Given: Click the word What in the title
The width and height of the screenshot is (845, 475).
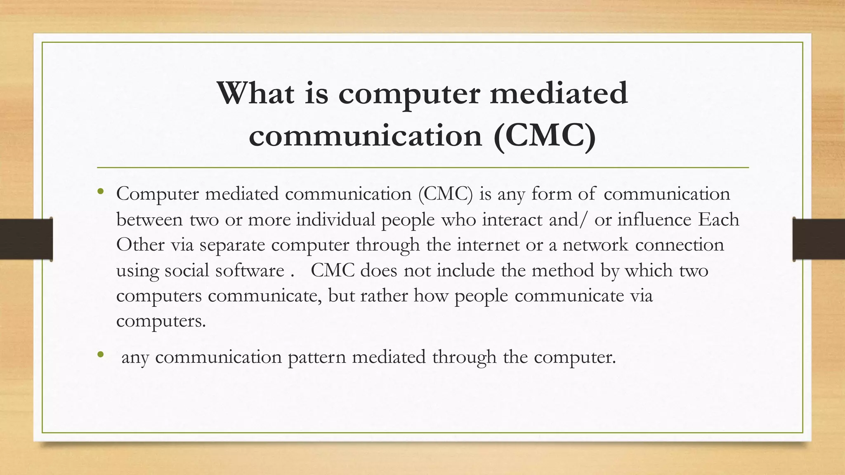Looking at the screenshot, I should [x=255, y=93].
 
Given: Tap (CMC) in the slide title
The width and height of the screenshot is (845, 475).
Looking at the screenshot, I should [x=544, y=136].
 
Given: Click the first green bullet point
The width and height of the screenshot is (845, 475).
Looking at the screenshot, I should [x=100, y=191].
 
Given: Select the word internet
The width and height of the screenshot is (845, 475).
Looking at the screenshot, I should [x=488, y=245].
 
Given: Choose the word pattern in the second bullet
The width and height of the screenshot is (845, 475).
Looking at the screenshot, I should [x=316, y=357].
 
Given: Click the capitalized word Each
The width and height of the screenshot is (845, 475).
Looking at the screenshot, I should [x=718, y=219].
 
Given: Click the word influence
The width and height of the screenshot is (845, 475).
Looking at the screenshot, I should [x=654, y=219].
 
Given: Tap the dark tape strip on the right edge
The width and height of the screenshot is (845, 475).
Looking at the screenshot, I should [x=819, y=239].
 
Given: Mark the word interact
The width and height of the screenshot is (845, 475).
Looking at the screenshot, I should [x=512, y=219].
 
